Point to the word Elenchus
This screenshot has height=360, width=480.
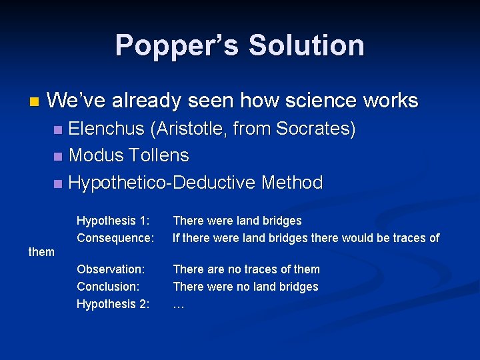(x=106, y=129)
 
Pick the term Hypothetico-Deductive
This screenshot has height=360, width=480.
(x=163, y=183)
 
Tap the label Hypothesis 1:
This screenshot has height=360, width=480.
(x=113, y=221)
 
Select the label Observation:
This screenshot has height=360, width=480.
(x=111, y=269)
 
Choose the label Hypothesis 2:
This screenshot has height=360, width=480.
(x=113, y=304)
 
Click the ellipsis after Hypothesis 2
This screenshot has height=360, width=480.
(x=178, y=305)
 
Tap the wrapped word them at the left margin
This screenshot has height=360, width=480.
(x=41, y=252)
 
